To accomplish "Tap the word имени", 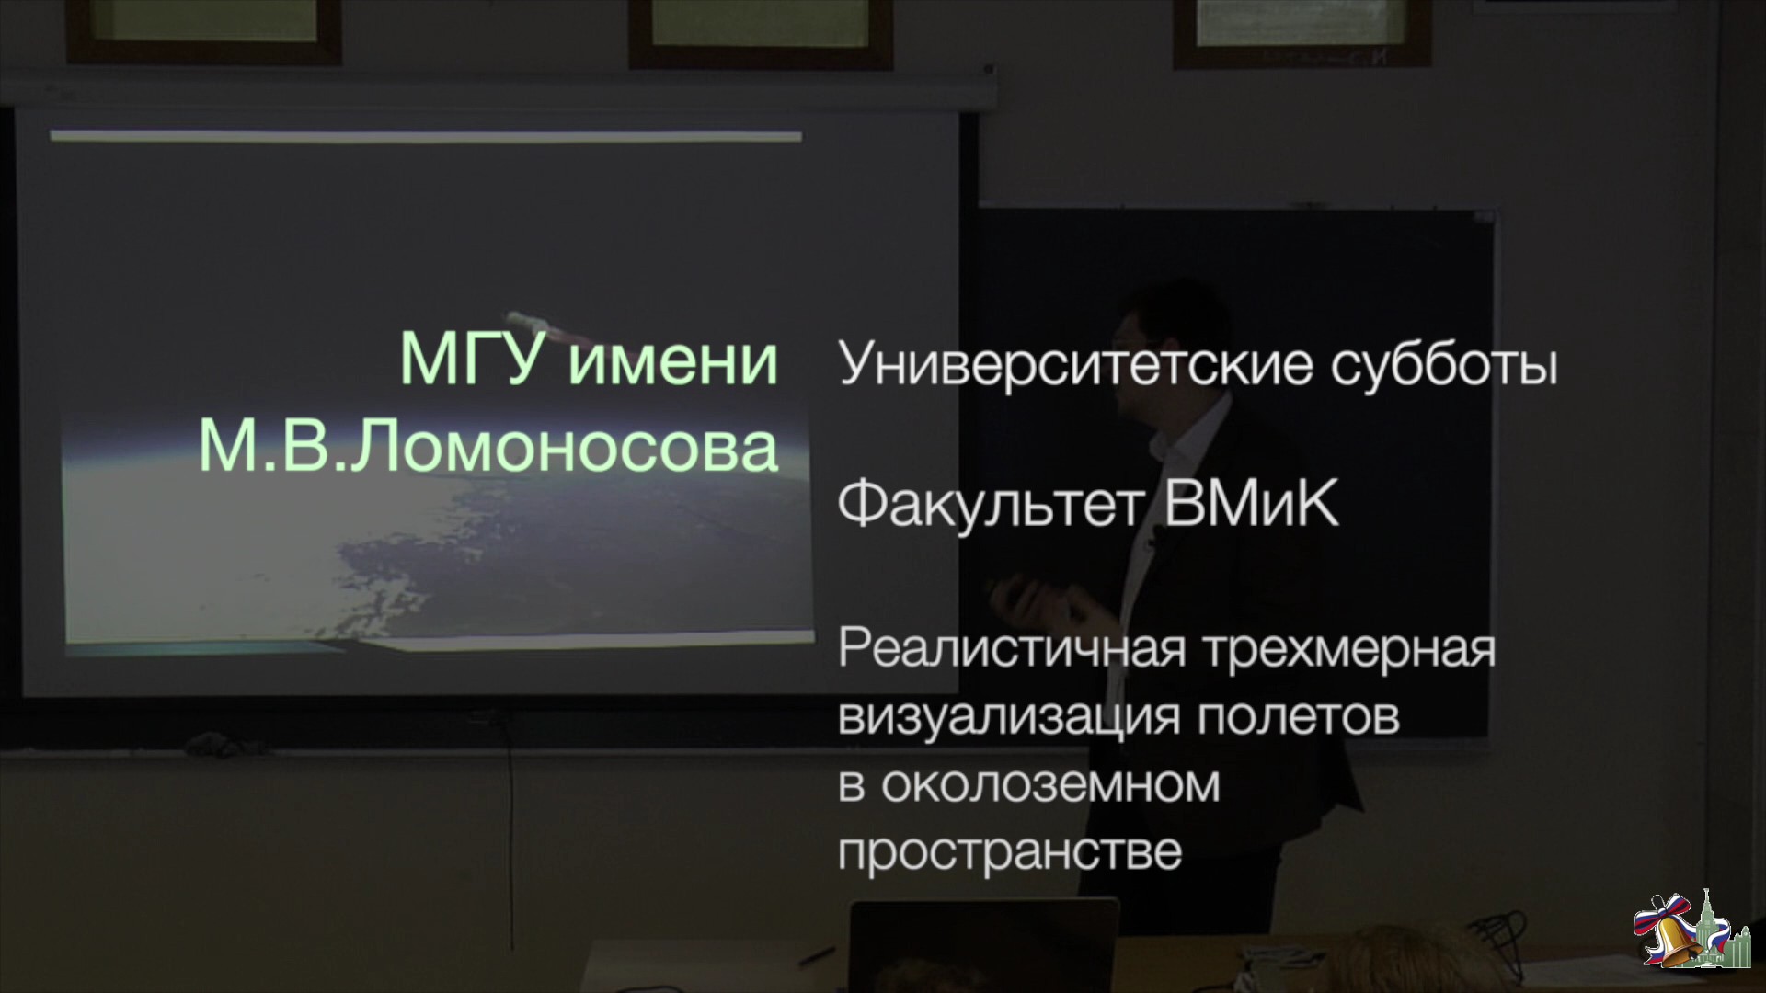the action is coord(674,360).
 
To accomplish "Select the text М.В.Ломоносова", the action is coord(488,448).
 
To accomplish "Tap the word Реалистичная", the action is coord(1011,650).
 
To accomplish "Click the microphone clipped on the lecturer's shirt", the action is coord(1150,548).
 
